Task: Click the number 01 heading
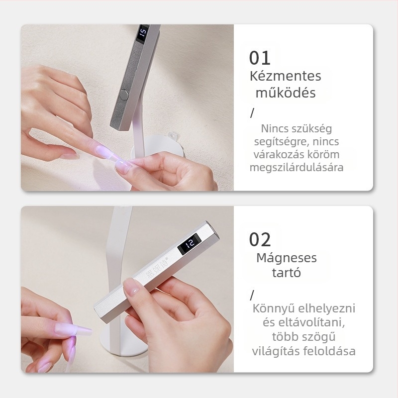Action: coord(260,58)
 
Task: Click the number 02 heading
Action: coord(260,239)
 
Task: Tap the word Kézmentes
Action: coord(286,76)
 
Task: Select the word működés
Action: coord(286,93)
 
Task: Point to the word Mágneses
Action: coord(287,258)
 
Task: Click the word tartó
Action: coord(287,273)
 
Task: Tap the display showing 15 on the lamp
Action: coord(143,33)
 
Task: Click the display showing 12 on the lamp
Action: coord(190,243)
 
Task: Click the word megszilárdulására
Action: coord(297,168)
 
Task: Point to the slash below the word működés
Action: coord(252,113)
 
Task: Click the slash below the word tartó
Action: coord(252,295)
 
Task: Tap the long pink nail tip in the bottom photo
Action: coord(73,329)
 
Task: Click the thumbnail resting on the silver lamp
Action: coord(132,288)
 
